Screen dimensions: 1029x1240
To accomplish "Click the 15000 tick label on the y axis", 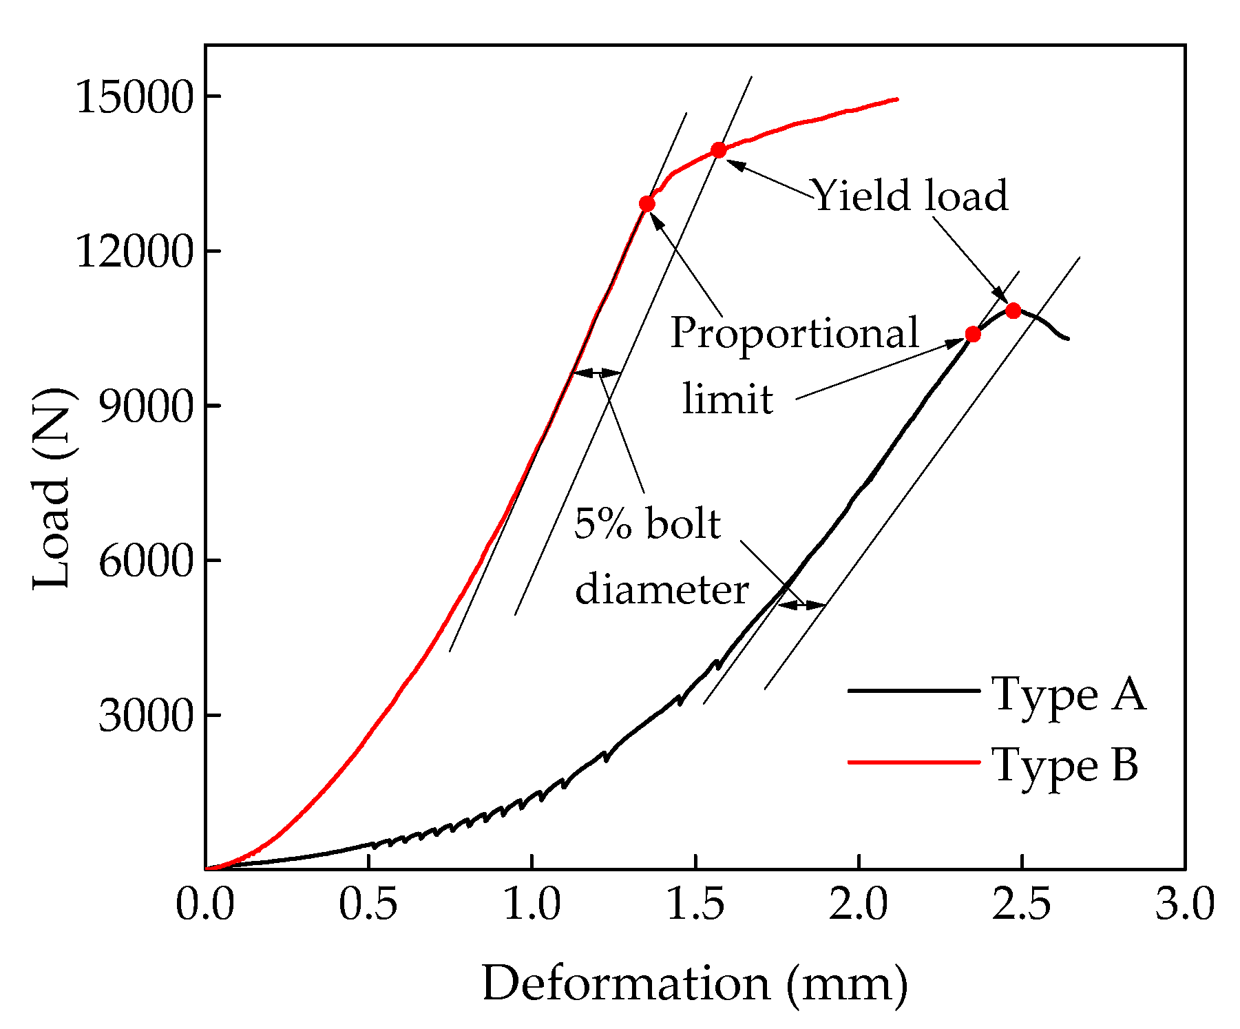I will pyautogui.click(x=133, y=97).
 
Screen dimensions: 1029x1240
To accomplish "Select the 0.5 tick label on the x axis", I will pyautogui.click(x=368, y=904).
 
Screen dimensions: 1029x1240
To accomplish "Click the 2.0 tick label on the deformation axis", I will pyautogui.click(x=858, y=904).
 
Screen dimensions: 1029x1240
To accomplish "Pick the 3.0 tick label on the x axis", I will pyautogui.click(x=1184, y=904).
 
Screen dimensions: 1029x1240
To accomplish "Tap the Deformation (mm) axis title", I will pyautogui.click(x=694, y=984).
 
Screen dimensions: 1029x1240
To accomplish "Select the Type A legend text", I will pyautogui.click(x=1069, y=693).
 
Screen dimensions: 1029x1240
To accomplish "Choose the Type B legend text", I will pyautogui.click(x=1064, y=765).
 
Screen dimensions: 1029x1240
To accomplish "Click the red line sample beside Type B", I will pyautogui.click(x=914, y=762).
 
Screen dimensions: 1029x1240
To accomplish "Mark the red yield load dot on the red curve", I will pyautogui.click(x=719, y=150).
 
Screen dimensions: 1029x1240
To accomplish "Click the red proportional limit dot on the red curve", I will pyautogui.click(x=647, y=204).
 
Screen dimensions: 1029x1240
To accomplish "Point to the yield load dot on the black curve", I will pyautogui.click(x=1013, y=311).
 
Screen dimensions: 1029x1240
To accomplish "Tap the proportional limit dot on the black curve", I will pyautogui.click(x=973, y=334).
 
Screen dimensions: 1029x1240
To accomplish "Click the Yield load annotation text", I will pyautogui.click(x=910, y=196).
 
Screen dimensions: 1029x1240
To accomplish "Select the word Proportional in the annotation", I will pyautogui.click(x=795, y=333).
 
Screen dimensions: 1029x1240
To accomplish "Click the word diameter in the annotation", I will pyautogui.click(x=661, y=590).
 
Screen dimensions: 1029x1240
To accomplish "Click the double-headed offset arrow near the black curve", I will pyautogui.click(x=801, y=605).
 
